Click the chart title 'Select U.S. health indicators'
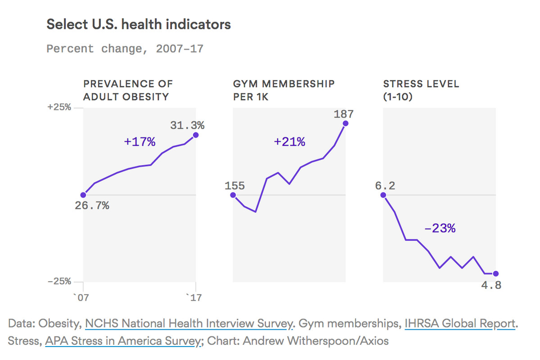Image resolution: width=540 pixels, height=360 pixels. click(x=139, y=24)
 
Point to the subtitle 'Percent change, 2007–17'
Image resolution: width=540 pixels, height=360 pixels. click(x=125, y=49)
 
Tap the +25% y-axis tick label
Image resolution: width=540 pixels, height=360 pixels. click(x=59, y=108)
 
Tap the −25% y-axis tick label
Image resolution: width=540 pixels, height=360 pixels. click(x=59, y=282)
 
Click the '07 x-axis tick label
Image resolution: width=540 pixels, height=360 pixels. click(x=83, y=297)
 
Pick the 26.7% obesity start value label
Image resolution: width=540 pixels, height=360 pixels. click(x=92, y=206)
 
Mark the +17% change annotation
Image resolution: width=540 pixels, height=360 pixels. click(x=139, y=142)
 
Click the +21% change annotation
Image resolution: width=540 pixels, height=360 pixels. click(x=289, y=142)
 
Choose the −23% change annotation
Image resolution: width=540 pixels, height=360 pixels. click(x=440, y=229)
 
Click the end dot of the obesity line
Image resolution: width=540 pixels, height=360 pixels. click(x=196, y=135)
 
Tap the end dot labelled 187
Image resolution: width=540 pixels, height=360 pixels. click(x=346, y=123)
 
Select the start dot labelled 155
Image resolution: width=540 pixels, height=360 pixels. click(x=233, y=195)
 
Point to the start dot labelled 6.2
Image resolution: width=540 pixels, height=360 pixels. click(x=383, y=195)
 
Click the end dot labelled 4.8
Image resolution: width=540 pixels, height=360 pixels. click(x=496, y=274)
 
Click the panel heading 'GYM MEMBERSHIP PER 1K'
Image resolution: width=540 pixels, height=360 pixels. click(x=283, y=90)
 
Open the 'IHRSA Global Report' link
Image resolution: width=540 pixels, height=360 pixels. click(x=459, y=324)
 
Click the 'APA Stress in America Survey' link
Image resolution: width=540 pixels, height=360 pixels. click(x=122, y=341)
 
